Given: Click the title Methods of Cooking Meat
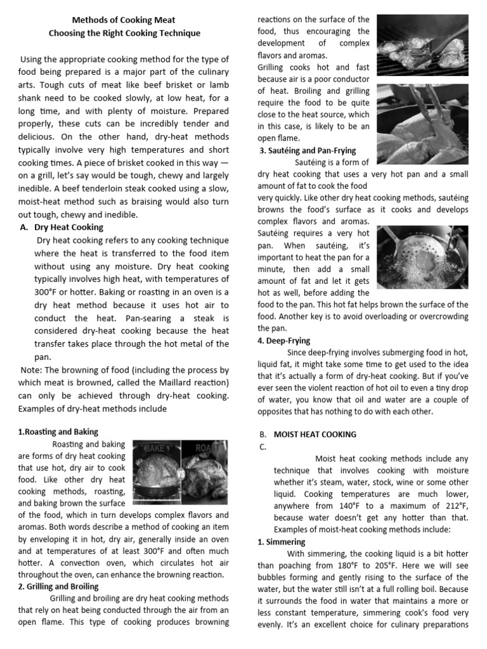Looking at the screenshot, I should pos(124,20).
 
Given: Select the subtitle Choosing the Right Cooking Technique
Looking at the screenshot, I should pos(124,33).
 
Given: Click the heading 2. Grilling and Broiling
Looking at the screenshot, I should pos(58,586).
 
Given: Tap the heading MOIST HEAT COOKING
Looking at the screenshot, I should pos(315,434).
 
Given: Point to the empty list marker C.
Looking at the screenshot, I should pos(261,446).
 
